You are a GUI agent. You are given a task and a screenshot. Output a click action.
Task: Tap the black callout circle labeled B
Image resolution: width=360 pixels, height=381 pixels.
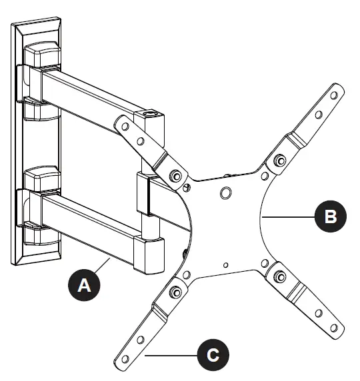click(x=331, y=216)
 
